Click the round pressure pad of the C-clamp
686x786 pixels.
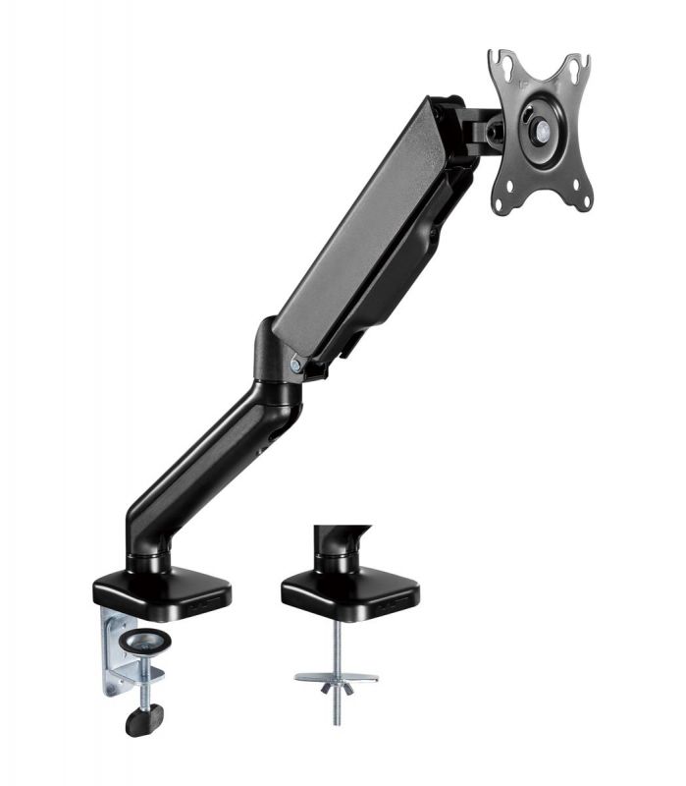tap(145, 641)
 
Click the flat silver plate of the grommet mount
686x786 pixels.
tap(336, 677)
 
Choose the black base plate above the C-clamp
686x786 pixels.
tap(162, 589)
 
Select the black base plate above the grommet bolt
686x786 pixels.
tap(349, 589)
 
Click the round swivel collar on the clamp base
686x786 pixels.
tap(147, 562)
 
